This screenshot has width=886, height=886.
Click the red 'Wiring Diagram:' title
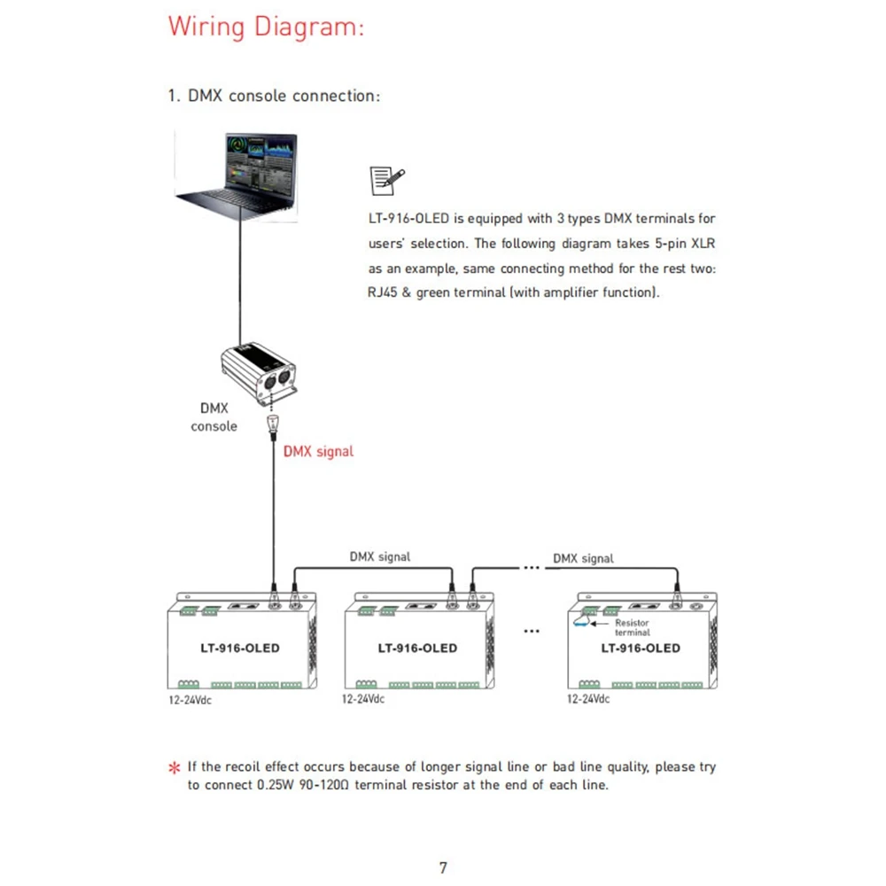point(266,27)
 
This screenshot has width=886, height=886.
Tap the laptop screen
point(260,164)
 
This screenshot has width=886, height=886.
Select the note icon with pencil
point(386,181)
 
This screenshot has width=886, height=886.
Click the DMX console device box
point(259,373)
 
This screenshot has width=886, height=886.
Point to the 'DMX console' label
point(214,417)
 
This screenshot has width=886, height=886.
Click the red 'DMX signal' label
point(318,452)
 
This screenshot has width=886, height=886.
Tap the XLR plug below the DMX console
point(273,427)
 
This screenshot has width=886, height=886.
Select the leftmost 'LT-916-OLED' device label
point(239,649)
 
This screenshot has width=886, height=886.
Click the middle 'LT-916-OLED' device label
point(417,649)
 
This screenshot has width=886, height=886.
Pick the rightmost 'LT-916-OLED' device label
point(641,649)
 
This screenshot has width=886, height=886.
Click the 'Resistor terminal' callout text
point(633,627)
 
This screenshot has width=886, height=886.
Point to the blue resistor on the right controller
point(581,621)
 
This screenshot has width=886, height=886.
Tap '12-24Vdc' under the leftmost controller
point(190,700)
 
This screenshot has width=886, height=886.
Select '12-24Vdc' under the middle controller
point(362,699)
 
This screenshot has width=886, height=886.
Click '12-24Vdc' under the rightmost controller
point(588,699)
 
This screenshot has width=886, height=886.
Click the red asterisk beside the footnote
point(174,767)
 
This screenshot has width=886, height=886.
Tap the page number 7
point(443,867)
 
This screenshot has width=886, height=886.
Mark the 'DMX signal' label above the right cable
point(583,558)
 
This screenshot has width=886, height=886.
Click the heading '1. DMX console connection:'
point(274,96)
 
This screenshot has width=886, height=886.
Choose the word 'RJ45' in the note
point(383,292)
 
